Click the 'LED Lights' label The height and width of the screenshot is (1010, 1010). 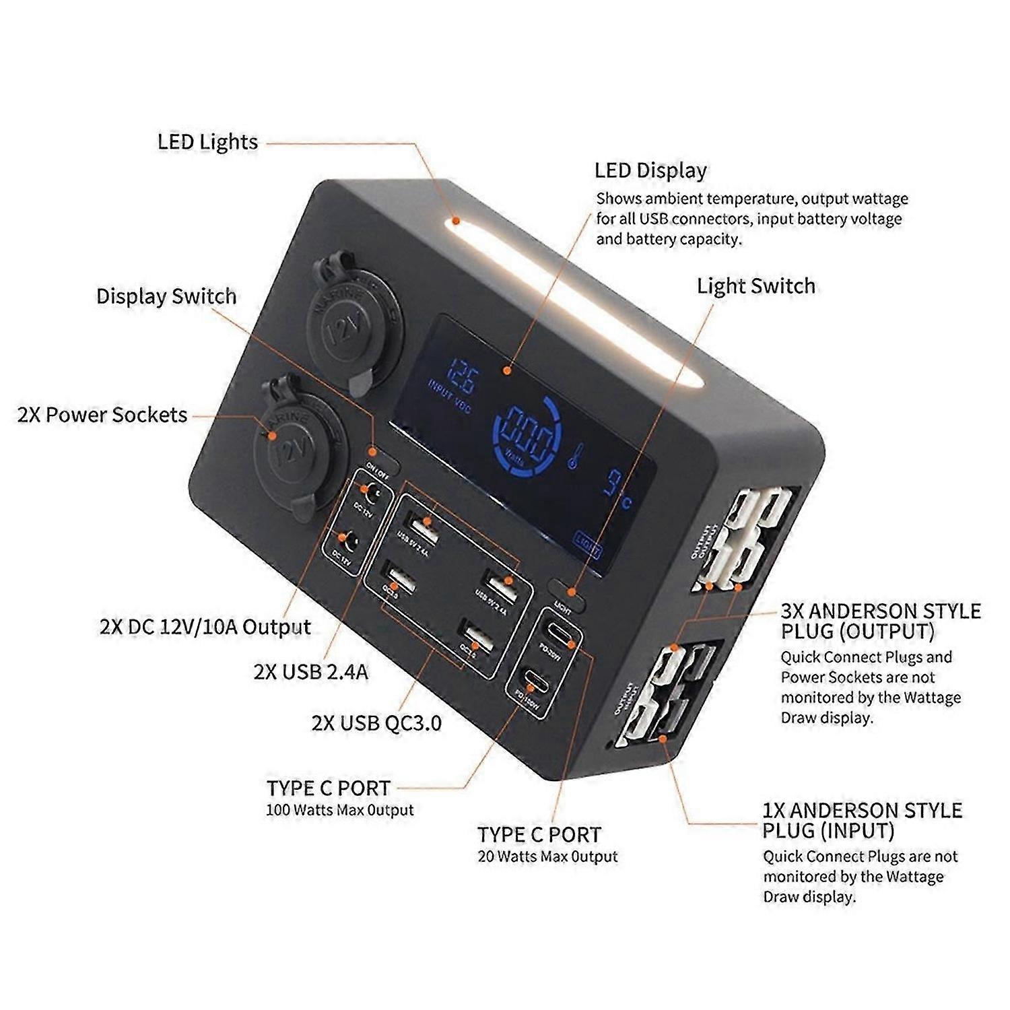pos(207,142)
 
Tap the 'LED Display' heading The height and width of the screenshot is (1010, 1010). pos(650,170)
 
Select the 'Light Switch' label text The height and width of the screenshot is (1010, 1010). pos(755,286)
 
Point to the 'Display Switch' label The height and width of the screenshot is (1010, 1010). pos(166,296)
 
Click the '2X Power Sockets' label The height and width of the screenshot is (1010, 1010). pos(102,415)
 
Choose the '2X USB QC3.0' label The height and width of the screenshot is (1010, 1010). pos(376,723)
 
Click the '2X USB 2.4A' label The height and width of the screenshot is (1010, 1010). pos(311,672)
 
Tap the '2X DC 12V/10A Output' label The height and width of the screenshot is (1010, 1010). pos(205,627)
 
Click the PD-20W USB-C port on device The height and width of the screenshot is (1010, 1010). pos(560,633)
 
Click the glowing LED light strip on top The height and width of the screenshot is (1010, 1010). pos(572,303)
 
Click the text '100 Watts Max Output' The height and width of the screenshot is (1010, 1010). pos(339,810)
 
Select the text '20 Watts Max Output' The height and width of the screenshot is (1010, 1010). pos(547,856)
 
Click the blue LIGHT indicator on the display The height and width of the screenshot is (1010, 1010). pos(586,544)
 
